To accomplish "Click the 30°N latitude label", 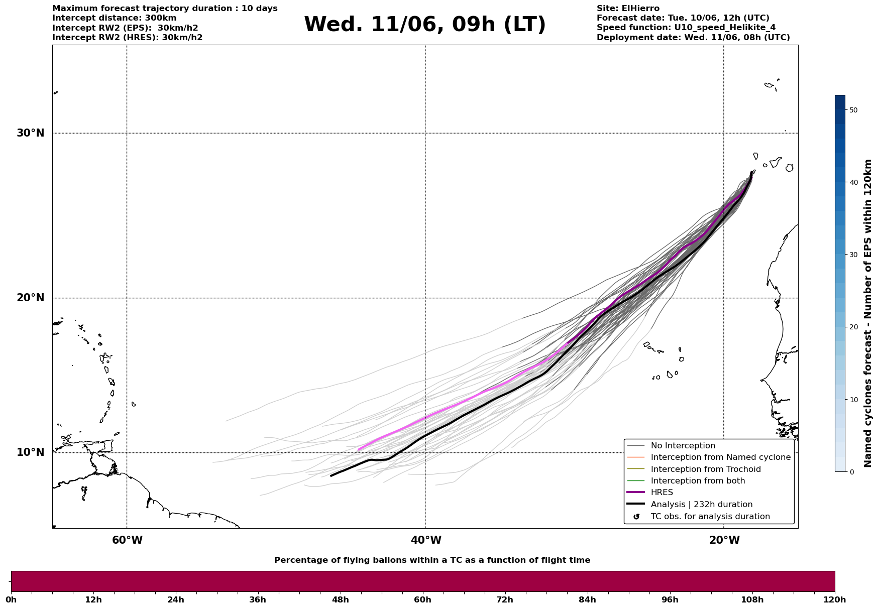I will pyautogui.click(x=31, y=133).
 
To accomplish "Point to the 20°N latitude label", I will pyautogui.click(x=31, y=298).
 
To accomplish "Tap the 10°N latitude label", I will pyautogui.click(x=31, y=452).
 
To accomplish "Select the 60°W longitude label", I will pyautogui.click(x=127, y=540).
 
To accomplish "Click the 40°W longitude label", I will pyautogui.click(x=426, y=540).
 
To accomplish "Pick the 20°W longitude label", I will pyautogui.click(x=724, y=540).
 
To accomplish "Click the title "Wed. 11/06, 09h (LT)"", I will pyautogui.click(x=424, y=25).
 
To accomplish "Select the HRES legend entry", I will pyautogui.click(x=662, y=493).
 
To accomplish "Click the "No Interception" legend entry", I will pyautogui.click(x=683, y=446).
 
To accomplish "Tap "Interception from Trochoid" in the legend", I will pyautogui.click(x=705, y=469).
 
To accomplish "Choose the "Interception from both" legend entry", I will pyautogui.click(x=698, y=481).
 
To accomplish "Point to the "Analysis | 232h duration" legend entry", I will pyautogui.click(x=701, y=505).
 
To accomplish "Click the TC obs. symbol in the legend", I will pyautogui.click(x=636, y=517).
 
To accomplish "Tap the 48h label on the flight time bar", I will pyautogui.click(x=340, y=599).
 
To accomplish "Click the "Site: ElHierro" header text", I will pyautogui.click(x=628, y=9).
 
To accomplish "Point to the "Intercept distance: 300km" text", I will pyautogui.click(x=114, y=18).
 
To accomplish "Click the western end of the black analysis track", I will pyautogui.click(x=331, y=475).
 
